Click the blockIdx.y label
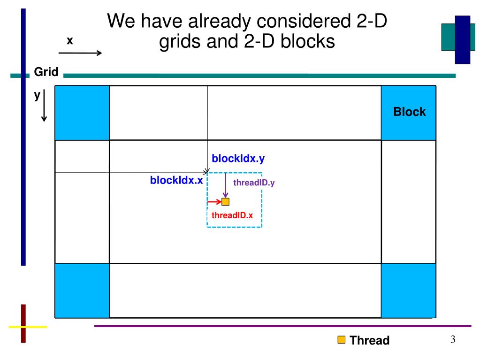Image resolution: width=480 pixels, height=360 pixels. [x=238, y=159]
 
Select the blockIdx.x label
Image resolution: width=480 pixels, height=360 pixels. [x=176, y=180]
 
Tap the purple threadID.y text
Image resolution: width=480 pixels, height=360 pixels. [x=253, y=183]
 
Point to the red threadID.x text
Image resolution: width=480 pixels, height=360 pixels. [x=232, y=215]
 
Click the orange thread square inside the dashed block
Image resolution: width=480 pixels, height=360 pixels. [x=225, y=202]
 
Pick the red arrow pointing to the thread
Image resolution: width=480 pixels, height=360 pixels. [x=214, y=202]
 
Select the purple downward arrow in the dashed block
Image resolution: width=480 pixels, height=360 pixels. [x=225, y=185]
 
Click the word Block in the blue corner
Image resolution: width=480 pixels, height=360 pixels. [x=409, y=112]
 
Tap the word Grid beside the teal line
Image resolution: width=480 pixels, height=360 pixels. [x=46, y=72]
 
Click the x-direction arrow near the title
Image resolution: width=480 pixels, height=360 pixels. [x=80, y=53]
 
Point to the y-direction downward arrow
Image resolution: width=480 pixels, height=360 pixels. [x=44, y=106]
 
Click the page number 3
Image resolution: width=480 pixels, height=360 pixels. [x=453, y=340]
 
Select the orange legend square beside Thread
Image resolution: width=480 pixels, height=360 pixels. [x=342, y=340]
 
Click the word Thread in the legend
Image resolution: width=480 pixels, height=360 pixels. [x=370, y=340]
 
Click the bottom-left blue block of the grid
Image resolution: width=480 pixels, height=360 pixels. [x=82, y=290]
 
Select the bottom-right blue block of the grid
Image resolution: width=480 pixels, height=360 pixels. [x=408, y=290]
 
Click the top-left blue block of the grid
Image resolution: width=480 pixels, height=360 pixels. [x=82, y=113]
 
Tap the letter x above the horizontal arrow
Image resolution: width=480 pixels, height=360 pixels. [x=69, y=41]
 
